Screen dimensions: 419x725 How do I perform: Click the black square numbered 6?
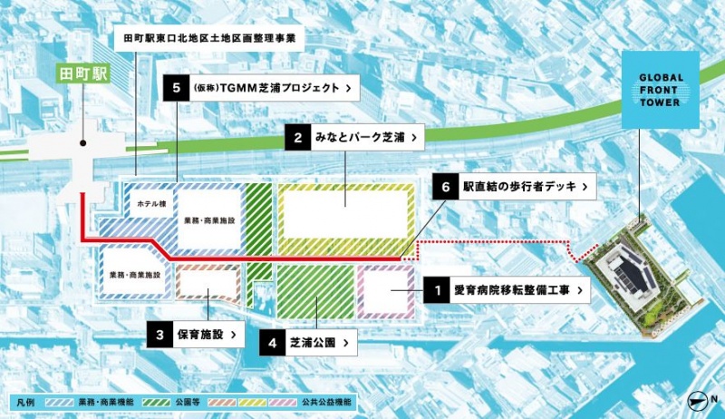click(444, 187)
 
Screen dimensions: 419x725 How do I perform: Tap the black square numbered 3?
click(159, 334)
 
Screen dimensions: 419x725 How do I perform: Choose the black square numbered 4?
click(273, 343)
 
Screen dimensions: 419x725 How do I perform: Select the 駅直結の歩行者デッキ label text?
click(517, 187)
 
